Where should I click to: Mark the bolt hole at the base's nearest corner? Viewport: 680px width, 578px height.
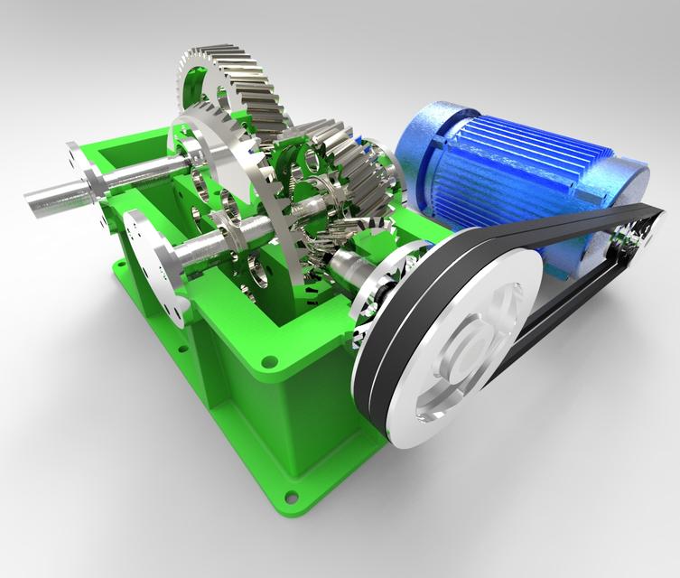(x=291, y=495)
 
